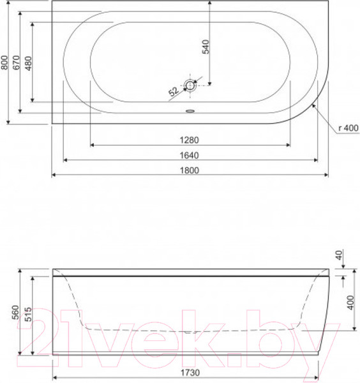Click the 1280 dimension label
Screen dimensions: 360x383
(190, 140)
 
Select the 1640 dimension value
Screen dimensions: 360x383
(190, 155)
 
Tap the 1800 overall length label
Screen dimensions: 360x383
(190, 170)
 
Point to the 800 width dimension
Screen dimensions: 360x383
(4, 63)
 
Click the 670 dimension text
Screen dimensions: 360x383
(17, 63)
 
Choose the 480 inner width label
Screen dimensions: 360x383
(29, 63)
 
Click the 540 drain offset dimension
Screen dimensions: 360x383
(206, 47)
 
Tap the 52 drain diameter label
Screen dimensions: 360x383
(174, 91)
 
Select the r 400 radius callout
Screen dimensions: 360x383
(349, 128)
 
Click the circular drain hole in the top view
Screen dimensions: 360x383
(190, 86)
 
